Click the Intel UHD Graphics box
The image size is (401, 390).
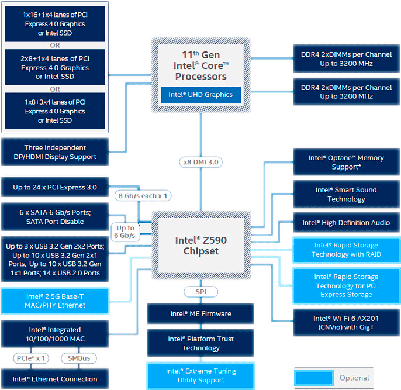click(201, 94)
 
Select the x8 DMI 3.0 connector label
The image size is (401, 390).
click(201, 162)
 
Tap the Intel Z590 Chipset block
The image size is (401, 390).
click(200, 246)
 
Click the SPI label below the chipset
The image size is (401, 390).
click(200, 291)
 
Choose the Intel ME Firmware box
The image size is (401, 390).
click(200, 314)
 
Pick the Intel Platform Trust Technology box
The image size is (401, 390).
click(200, 343)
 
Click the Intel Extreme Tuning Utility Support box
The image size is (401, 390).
click(200, 375)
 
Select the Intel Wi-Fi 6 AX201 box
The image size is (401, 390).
click(346, 323)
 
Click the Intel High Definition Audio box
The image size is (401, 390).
click(346, 223)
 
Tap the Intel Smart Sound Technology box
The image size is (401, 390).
click(346, 194)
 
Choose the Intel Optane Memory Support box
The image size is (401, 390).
click(346, 162)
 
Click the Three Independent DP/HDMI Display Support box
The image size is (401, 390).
click(55, 152)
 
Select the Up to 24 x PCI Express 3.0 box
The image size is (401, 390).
click(55, 188)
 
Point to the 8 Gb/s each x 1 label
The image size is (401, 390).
click(143, 196)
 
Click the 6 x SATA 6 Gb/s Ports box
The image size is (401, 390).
click(55, 216)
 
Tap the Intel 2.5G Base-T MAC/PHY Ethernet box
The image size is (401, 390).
click(55, 301)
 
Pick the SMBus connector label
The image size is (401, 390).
click(78, 358)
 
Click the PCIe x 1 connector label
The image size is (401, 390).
click(31, 358)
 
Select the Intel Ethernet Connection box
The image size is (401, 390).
click(55, 379)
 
